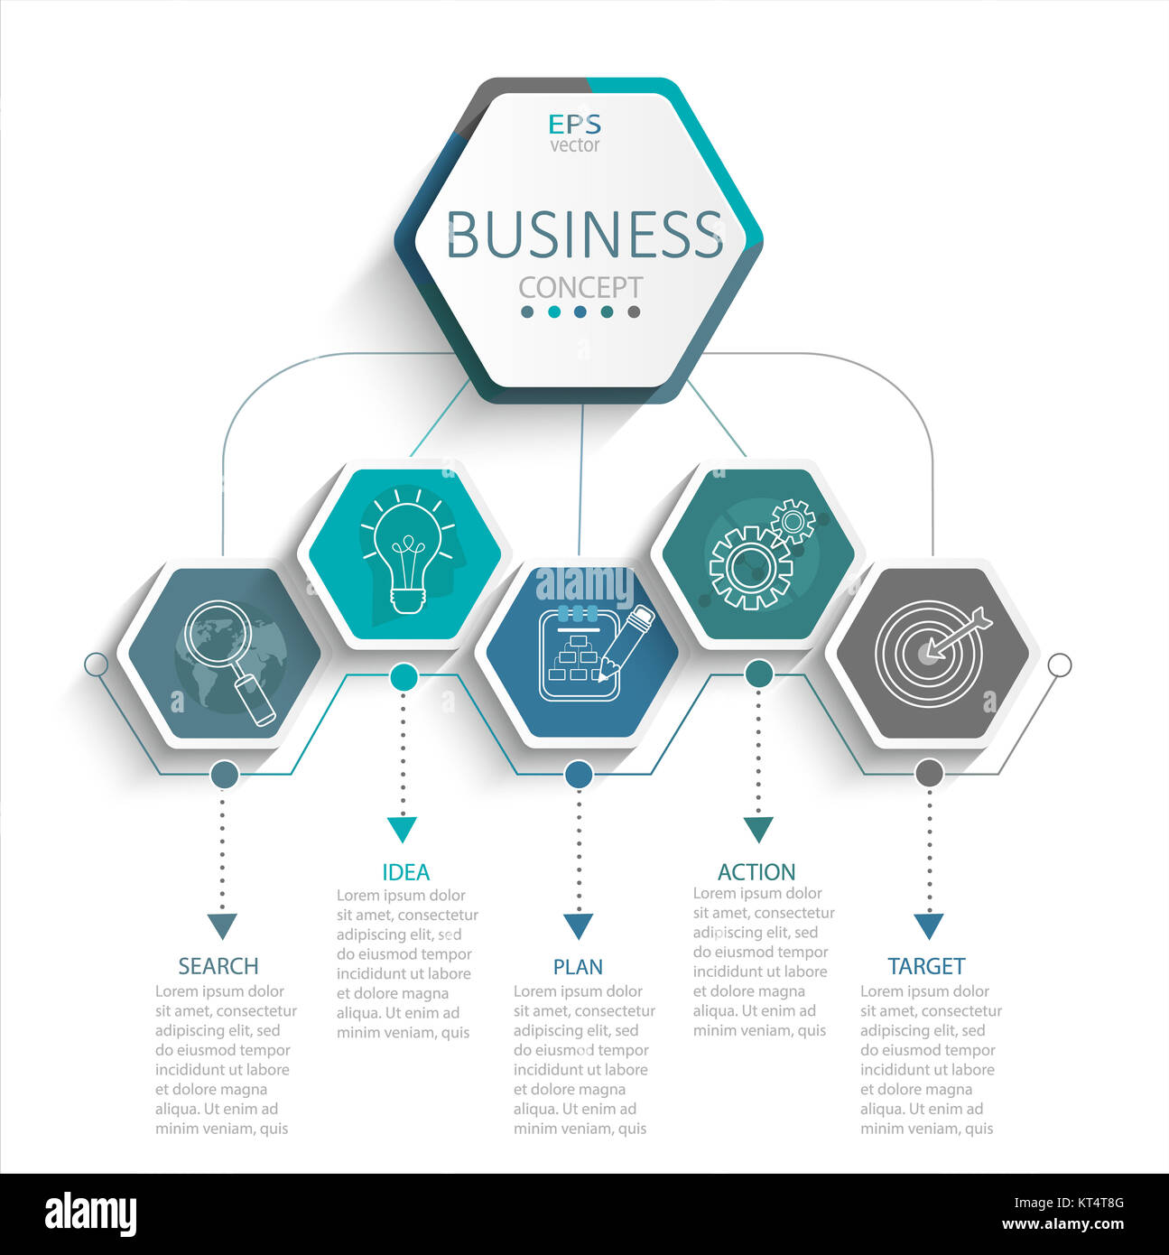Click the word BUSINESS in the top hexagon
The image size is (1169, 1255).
(x=585, y=234)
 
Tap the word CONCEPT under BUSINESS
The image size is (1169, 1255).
(x=580, y=287)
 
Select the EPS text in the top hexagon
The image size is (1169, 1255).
(x=574, y=125)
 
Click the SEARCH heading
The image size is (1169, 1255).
(x=218, y=966)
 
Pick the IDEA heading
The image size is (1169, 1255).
(x=405, y=872)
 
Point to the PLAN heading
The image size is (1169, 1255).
(x=578, y=967)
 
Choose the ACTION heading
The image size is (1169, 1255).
(x=756, y=872)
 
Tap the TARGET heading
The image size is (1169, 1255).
(x=926, y=966)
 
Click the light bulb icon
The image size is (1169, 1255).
(x=408, y=550)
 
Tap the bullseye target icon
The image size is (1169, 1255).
(x=932, y=653)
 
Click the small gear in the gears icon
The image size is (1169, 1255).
(x=793, y=521)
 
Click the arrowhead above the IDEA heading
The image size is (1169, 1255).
(x=402, y=829)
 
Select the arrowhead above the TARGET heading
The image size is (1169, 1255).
(x=929, y=925)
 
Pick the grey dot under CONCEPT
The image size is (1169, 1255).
(x=634, y=311)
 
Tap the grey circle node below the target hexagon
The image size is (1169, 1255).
(x=929, y=774)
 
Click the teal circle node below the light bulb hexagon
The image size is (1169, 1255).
(x=404, y=677)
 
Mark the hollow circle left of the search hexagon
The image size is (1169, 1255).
(x=96, y=665)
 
